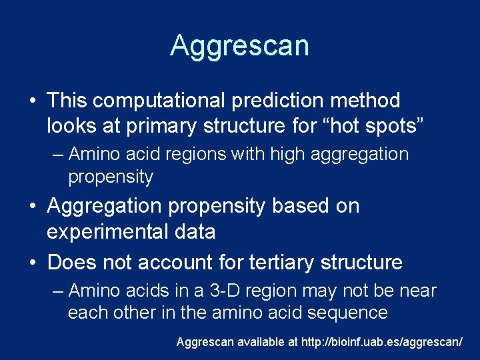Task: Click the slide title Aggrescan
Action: click(x=239, y=45)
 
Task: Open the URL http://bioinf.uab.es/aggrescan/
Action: click(x=382, y=342)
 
